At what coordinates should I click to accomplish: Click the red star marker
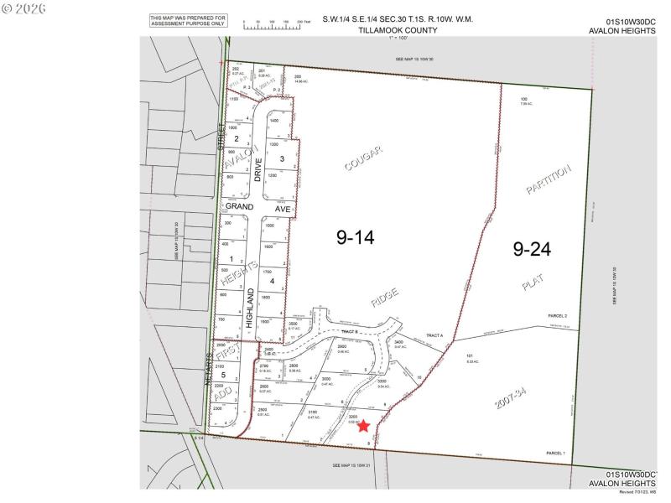point(363,426)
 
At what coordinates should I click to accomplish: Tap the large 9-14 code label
point(354,238)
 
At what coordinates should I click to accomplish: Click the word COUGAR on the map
point(363,158)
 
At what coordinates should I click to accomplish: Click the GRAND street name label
point(241,207)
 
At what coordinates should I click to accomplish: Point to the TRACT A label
point(434,335)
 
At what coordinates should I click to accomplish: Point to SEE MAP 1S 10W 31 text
point(353,464)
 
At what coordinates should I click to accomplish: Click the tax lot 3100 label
point(314,413)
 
